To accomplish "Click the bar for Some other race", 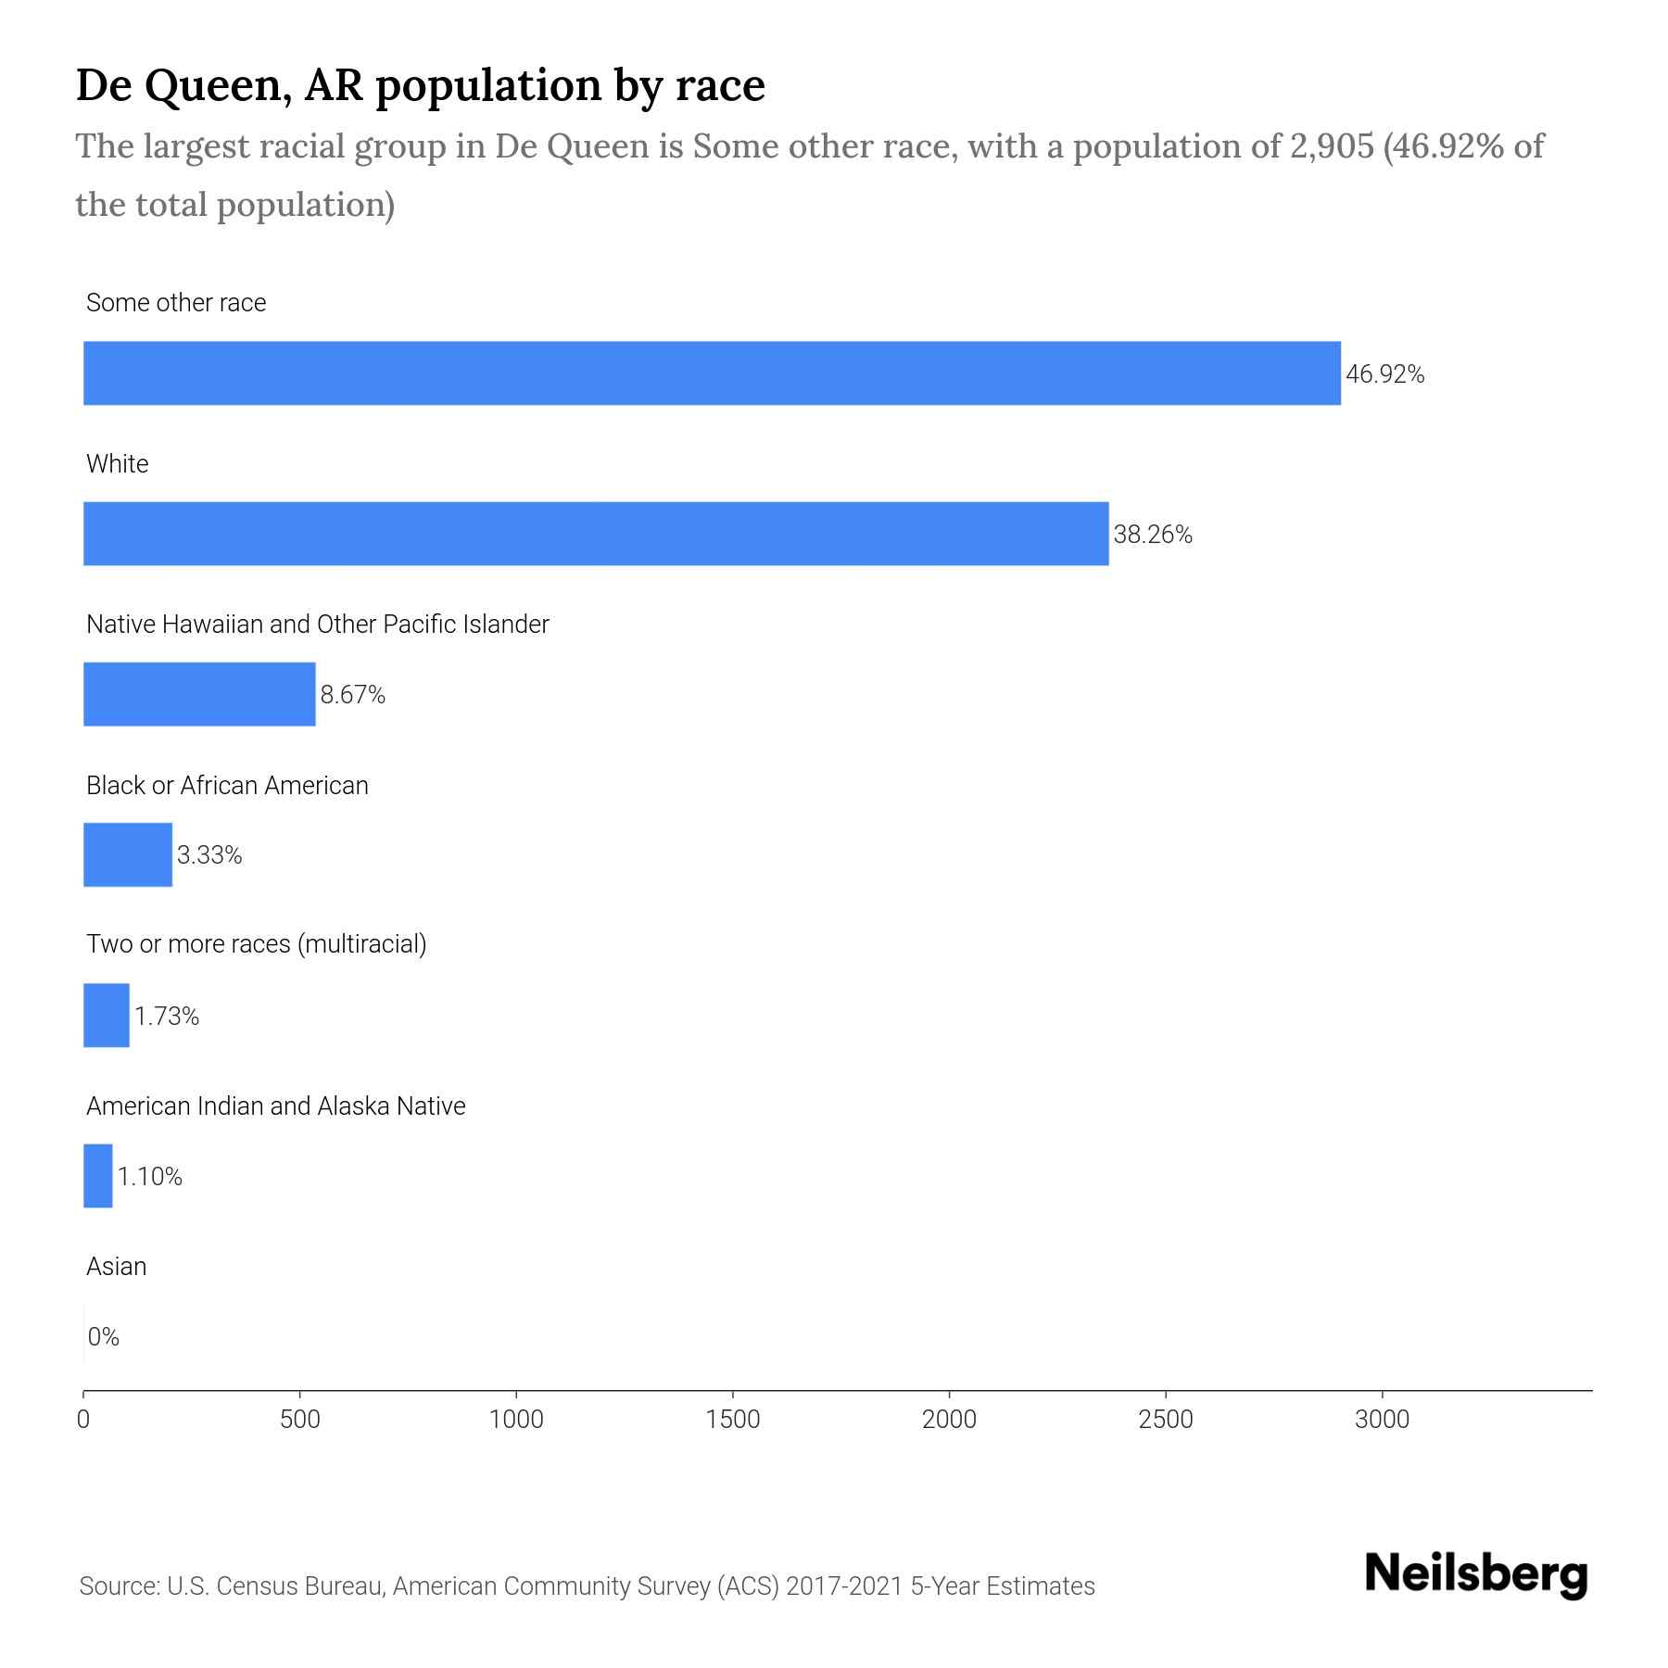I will pyautogui.click(x=712, y=373).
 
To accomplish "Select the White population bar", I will pyautogui.click(x=596, y=534).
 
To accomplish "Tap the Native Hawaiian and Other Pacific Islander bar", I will pyautogui.click(x=199, y=694).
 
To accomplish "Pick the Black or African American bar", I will pyautogui.click(x=128, y=854).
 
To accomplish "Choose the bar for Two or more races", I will pyautogui.click(x=107, y=1016).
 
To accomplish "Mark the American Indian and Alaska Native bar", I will pyautogui.click(x=98, y=1176).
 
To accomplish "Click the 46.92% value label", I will pyautogui.click(x=1384, y=374).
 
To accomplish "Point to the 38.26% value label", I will pyautogui.click(x=1152, y=535).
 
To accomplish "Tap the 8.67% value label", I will pyautogui.click(x=352, y=695).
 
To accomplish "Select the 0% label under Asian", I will pyautogui.click(x=104, y=1337).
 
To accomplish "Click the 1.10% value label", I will pyautogui.click(x=149, y=1177).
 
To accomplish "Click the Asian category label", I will pyautogui.click(x=116, y=1267).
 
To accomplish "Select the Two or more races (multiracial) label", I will pyautogui.click(x=256, y=944).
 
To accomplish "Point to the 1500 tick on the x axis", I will pyautogui.click(x=732, y=1420).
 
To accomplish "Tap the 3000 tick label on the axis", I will pyautogui.click(x=1382, y=1420).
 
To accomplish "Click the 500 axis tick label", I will pyautogui.click(x=299, y=1420).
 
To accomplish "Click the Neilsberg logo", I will pyautogui.click(x=1476, y=1574).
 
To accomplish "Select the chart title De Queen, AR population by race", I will pyautogui.click(x=420, y=85).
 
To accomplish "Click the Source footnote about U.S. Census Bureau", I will pyautogui.click(x=587, y=1586).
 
